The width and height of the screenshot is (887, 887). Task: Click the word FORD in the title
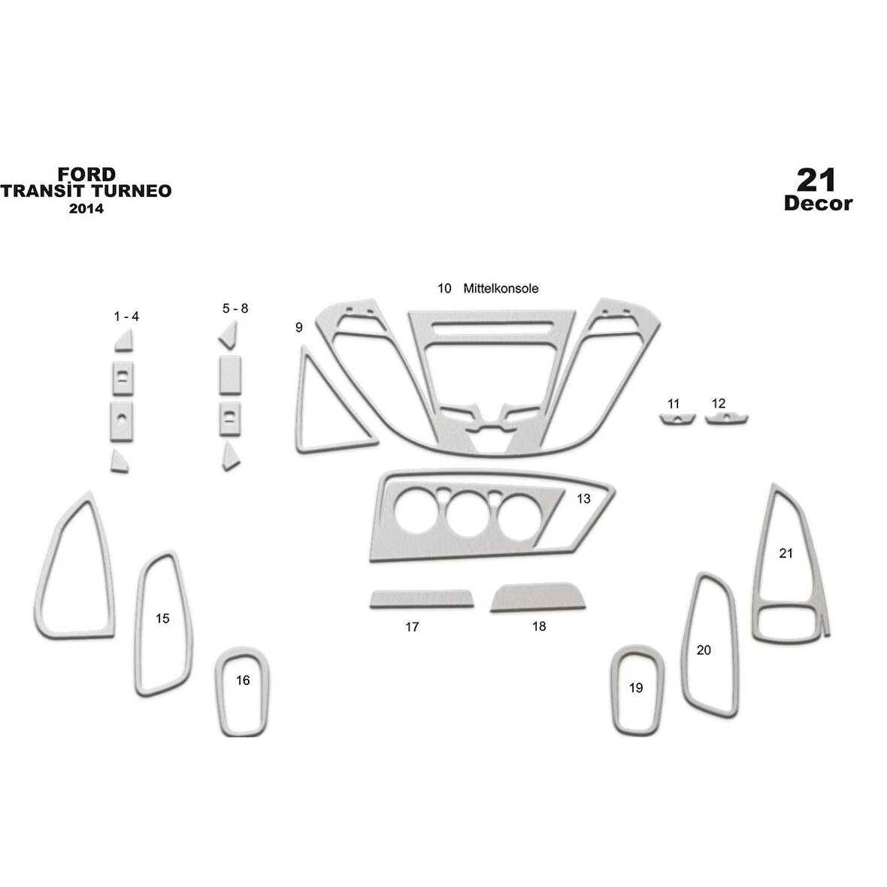click(x=86, y=174)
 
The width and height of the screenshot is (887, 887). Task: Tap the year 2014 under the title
click(x=86, y=209)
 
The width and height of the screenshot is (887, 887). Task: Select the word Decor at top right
click(x=818, y=203)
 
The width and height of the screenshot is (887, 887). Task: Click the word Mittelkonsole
click(x=501, y=289)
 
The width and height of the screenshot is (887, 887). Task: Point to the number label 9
click(x=299, y=327)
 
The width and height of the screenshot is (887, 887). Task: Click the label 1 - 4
click(x=126, y=316)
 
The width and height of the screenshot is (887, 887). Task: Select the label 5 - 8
click(x=235, y=308)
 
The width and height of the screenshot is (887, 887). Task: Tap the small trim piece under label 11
click(x=677, y=419)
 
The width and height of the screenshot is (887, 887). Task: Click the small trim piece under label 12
click(x=726, y=419)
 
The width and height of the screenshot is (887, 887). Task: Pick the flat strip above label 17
click(x=422, y=599)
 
